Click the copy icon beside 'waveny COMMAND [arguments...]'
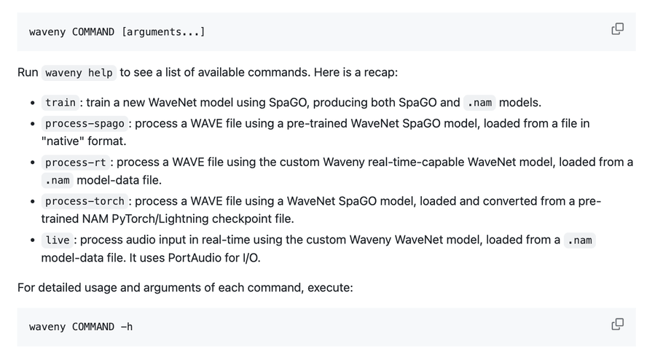tap(617, 29)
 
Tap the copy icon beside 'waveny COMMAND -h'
tap(617, 324)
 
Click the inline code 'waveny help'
tap(79, 73)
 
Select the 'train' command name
tap(60, 103)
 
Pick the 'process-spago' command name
tap(85, 123)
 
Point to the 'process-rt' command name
tap(76, 162)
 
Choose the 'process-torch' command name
tap(85, 200)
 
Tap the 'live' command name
tap(58, 240)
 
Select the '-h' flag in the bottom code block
tap(127, 327)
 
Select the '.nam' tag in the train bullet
tap(479, 103)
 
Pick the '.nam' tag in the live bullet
tap(580, 240)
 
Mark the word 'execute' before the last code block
tap(329, 287)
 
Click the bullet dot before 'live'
tap(33, 240)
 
